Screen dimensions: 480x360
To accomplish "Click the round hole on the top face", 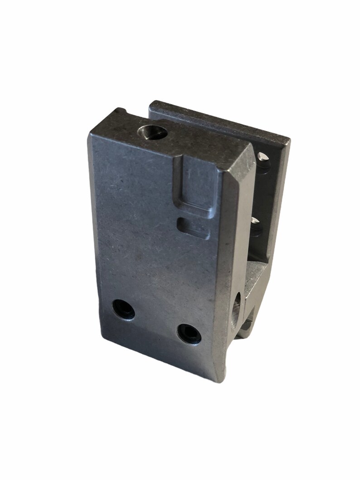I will click(x=152, y=132).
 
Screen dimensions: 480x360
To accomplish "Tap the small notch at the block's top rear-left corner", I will click(x=120, y=111).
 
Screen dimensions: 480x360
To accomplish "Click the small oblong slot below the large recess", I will click(x=194, y=228).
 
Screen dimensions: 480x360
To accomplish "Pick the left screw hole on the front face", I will click(x=123, y=310).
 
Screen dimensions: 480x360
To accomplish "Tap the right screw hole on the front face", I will click(x=189, y=334).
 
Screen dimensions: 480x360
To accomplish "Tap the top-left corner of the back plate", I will click(x=151, y=103).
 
